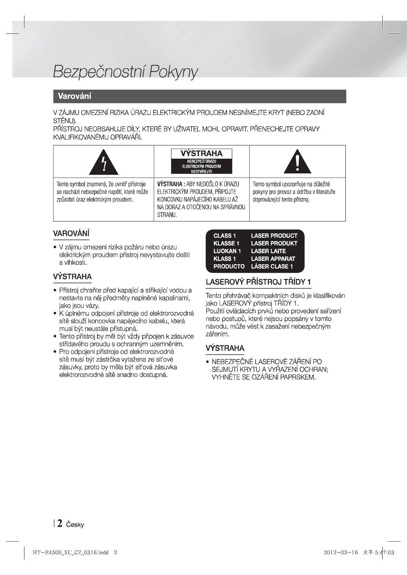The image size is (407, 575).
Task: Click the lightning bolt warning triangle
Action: click(x=104, y=163)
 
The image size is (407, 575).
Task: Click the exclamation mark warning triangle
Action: click(x=297, y=162)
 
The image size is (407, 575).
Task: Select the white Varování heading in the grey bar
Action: click(x=75, y=96)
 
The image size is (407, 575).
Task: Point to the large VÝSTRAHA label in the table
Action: click(x=202, y=153)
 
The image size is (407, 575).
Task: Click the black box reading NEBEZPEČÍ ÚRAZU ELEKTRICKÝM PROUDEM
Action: click(x=202, y=166)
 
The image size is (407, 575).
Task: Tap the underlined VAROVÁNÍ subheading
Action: click(x=71, y=234)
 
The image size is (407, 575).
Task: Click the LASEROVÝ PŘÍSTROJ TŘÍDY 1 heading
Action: click(x=258, y=282)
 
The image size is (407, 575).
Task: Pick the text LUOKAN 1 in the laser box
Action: click(x=227, y=251)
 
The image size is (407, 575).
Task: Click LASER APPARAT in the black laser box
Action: click(x=273, y=259)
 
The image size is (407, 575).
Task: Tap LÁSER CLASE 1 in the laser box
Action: click(x=272, y=267)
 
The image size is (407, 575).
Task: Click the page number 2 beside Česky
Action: click(x=60, y=524)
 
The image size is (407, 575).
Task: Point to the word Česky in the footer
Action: click(x=75, y=525)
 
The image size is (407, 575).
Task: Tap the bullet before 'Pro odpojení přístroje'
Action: click(x=55, y=352)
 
